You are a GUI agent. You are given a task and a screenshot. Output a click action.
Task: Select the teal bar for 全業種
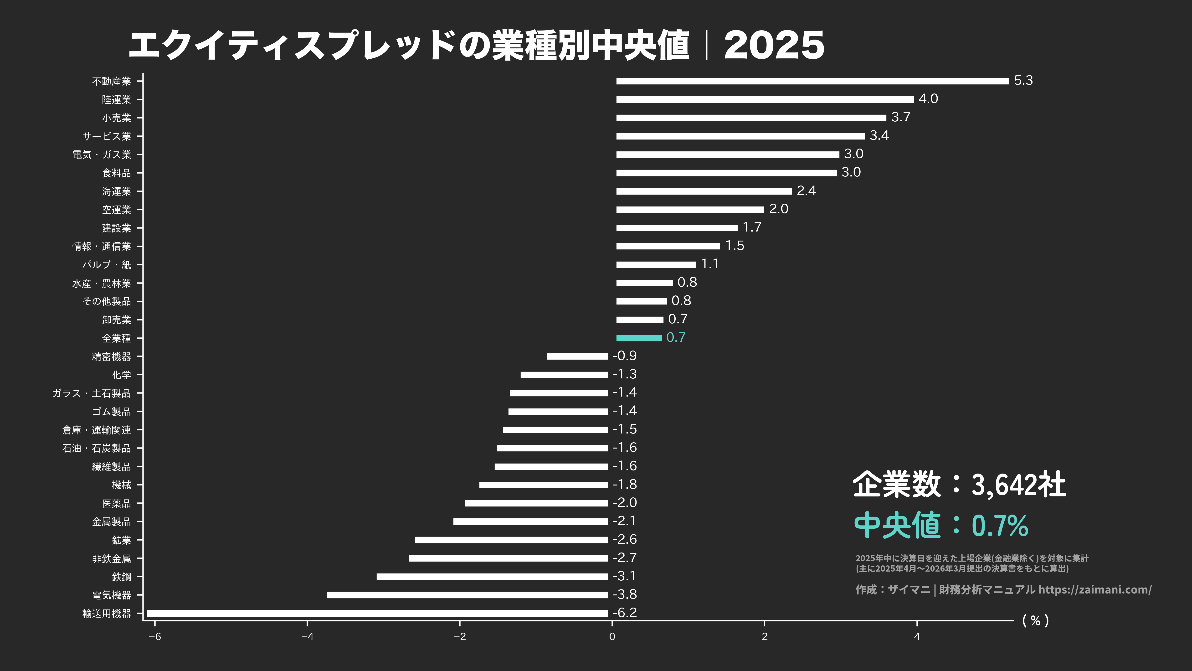(639, 338)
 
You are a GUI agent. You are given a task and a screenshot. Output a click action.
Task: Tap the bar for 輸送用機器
(377, 613)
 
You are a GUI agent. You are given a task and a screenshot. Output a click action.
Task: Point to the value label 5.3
(1023, 81)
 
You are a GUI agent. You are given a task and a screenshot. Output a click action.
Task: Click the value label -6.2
(625, 613)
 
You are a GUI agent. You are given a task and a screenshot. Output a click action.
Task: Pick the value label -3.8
(625, 594)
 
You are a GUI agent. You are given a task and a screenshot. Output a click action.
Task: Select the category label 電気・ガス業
(102, 155)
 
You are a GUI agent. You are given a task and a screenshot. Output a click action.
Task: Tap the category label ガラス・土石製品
(92, 393)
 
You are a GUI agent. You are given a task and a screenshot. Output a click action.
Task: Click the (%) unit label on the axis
(1035, 620)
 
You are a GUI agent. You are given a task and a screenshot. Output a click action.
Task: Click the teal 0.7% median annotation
(1000, 526)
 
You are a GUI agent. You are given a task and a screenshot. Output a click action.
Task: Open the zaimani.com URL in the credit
(1095, 589)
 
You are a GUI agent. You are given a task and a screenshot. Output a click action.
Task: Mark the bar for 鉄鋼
(492, 577)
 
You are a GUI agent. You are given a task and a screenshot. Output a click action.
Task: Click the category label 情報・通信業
(102, 246)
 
